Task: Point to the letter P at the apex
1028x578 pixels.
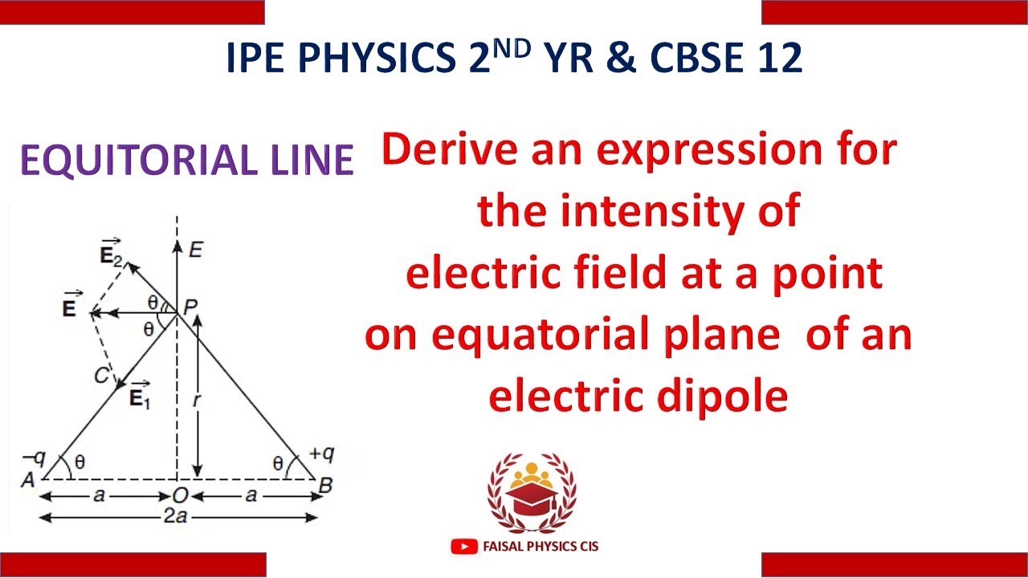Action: (190, 306)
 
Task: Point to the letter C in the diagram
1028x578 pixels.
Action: (100, 375)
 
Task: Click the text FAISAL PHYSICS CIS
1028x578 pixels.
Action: (541, 547)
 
